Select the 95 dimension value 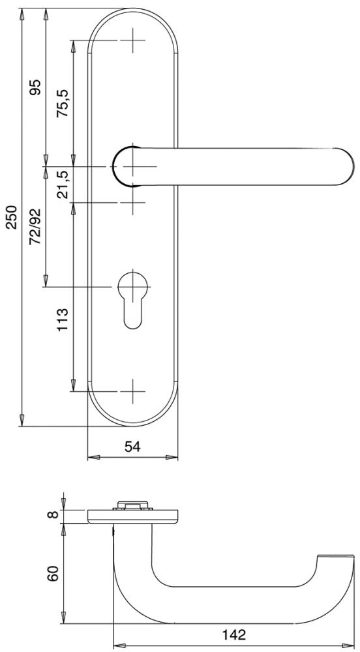click(35, 87)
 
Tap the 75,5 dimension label click(63, 103)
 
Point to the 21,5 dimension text click(63, 185)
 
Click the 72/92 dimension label click(35, 226)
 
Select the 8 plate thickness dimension click(54, 516)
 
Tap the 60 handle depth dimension click(54, 573)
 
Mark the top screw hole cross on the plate click(133, 40)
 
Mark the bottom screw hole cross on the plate click(133, 392)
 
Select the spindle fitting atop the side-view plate click(133, 506)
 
